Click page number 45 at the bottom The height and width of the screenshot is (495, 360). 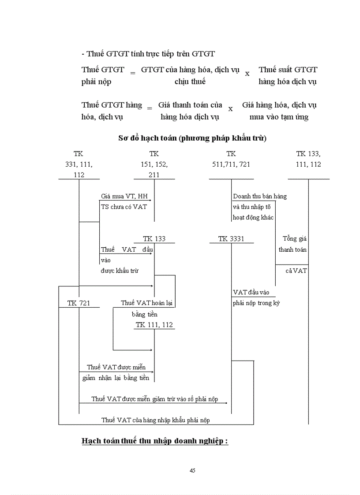(x=192, y=470)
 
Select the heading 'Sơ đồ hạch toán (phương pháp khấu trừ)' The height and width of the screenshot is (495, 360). (x=192, y=138)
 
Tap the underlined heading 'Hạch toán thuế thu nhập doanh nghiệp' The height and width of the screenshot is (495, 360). (x=154, y=441)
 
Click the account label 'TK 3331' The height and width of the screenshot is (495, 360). (x=231, y=239)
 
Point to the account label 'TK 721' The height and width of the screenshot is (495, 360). (x=79, y=303)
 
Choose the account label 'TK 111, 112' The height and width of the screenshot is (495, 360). (x=154, y=325)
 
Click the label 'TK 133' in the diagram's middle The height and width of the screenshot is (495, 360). (x=154, y=239)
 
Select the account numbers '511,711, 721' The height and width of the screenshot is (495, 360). (x=231, y=164)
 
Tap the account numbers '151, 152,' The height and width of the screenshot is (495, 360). (x=154, y=164)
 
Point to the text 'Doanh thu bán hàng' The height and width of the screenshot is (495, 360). (x=260, y=196)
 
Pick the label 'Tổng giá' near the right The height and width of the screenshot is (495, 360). (x=295, y=239)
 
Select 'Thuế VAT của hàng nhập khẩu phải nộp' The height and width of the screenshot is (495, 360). (x=155, y=420)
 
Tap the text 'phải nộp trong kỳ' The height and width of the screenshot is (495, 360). (x=256, y=303)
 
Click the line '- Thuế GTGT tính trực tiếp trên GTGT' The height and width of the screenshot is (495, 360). (x=148, y=54)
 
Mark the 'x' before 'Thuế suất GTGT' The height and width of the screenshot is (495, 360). (x=247, y=74)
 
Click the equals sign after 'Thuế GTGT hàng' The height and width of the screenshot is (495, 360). (x=149, y=108)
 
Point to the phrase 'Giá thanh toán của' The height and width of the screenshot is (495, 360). (x=190, y=105)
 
